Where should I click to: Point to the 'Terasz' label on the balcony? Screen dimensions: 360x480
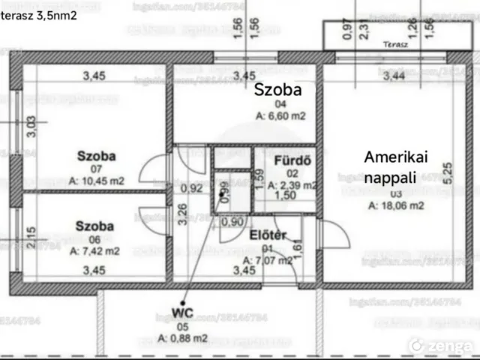pyautogui.click(x=395, y=44)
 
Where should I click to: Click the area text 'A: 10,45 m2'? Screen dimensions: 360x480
pyautogui.click(x=96, y=181)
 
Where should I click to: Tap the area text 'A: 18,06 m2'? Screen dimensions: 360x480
pyautogui.click(x=396, y=204)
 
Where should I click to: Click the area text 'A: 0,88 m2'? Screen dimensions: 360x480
pyautogui.click(x=184, y=338)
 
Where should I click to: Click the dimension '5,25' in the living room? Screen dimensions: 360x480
pyautogui.click(x=448, y=174)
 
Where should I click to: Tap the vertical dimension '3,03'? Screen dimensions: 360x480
pyautogui.click(x=31, y=127)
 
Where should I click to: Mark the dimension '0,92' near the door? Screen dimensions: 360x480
pyautogui.click(x=193, y=188)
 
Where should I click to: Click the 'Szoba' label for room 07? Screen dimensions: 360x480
pyautogui.click(x=96, y=157)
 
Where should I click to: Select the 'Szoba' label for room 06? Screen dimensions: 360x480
pyautogui.click(x=94, y=226)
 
